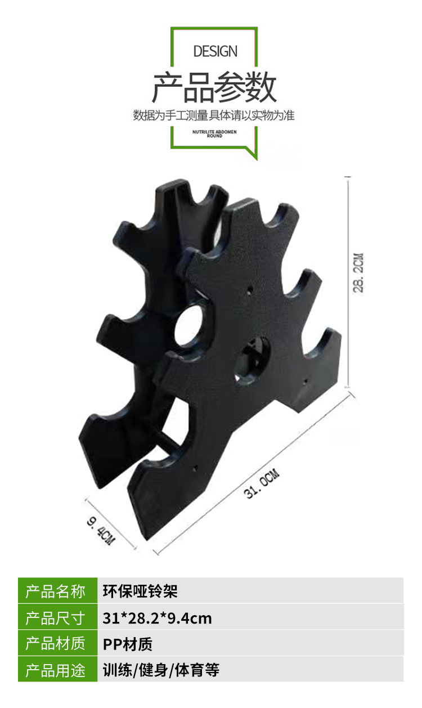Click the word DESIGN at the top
[216, 51]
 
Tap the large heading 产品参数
[214, 87]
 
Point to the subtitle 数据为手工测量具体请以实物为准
[214, 115]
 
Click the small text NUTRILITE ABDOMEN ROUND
[214, 134]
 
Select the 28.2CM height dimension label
[358, 273]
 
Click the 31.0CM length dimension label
[262, 483]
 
